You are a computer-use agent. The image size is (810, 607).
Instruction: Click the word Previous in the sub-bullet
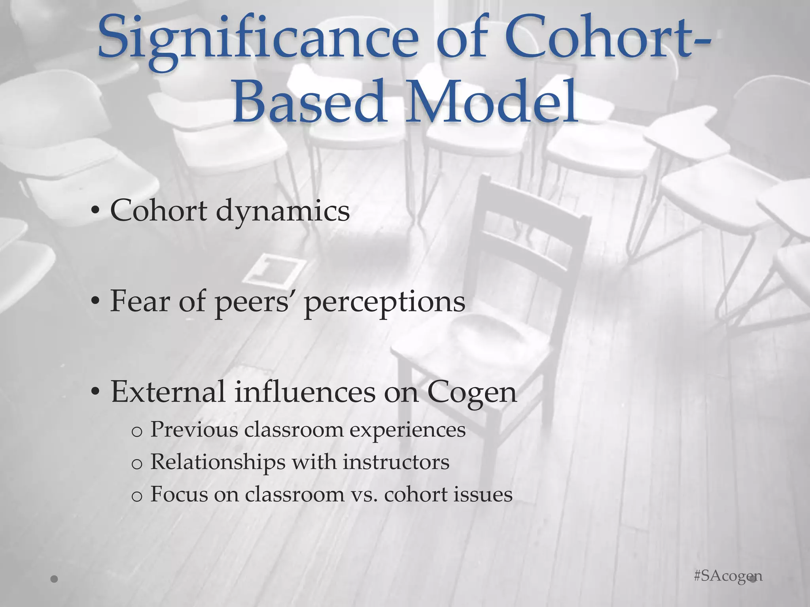click(194, 429)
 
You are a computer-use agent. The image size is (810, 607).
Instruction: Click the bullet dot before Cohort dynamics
click(94, 212)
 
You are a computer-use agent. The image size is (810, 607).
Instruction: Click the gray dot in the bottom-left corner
click(55, 579)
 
